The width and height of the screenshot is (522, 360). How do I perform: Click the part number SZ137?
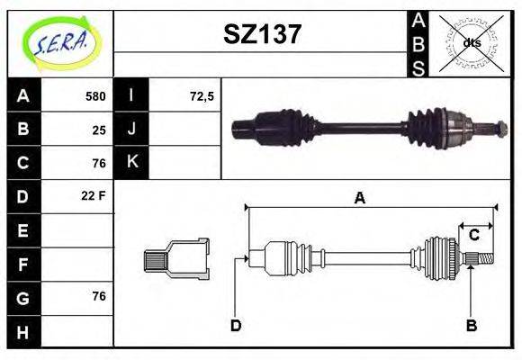point(262,34)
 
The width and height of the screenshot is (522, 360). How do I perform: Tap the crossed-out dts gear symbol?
point(472,42)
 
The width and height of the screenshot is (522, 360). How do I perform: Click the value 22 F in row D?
point(94,195)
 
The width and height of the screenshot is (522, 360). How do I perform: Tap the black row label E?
point(22,229)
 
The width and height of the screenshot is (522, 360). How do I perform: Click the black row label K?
point(132,162)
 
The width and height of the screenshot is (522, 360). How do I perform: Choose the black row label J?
point(132,129)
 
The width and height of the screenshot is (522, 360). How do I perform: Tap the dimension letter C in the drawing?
point(473,236)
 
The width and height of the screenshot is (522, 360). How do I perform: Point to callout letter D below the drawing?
point(235,325)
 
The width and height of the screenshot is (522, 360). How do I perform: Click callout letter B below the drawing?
point(471,325)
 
